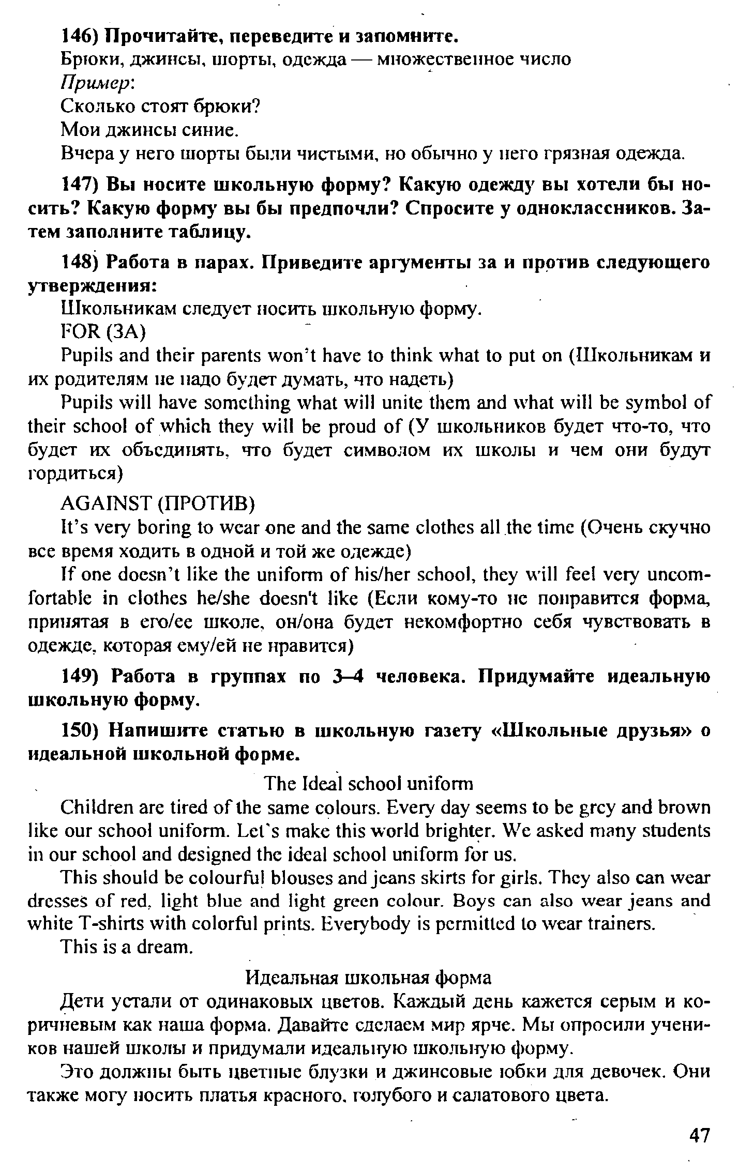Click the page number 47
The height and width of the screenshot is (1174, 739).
click(x=700, y=1135)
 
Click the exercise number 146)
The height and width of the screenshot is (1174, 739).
click(x=81, y=37)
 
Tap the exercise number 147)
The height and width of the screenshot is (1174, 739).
click(x=81, y=185)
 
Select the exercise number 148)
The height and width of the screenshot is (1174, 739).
click(x=81, y=263)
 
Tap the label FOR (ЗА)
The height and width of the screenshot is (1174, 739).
click(x=104, y=332)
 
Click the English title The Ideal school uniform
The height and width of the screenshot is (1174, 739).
click(x=368, y=784)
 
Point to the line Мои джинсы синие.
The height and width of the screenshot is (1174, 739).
click(x=150, y=129)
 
